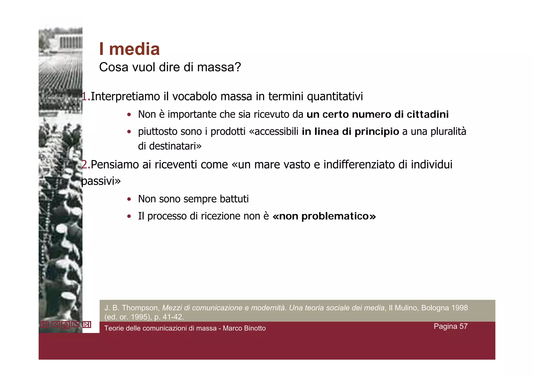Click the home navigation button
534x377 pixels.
(65, 325)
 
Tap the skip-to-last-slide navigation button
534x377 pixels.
(87, 324)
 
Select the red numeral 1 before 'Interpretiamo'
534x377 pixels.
(84, 96)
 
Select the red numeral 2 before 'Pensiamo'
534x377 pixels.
(84, 164)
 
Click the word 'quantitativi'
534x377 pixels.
(335, 96)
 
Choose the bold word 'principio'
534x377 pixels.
(377, 132)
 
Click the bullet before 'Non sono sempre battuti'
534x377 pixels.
(129, 199)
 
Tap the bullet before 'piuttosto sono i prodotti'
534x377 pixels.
(129, 132)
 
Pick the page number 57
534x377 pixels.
(463, 326)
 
